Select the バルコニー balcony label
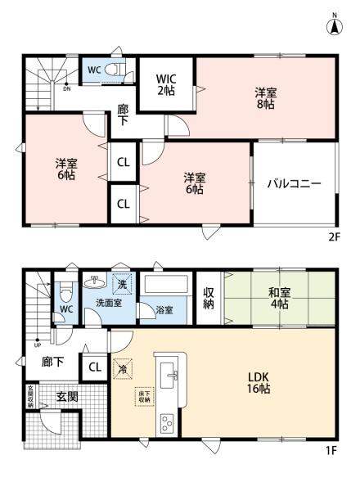[x=294, y=183]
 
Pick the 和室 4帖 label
[x=279, y=299]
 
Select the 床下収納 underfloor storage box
[x=146, y=396]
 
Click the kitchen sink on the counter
[x=172, y=376]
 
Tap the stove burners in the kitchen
[x=167, y=423]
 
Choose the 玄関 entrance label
[x=66, y=397]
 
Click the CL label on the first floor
[x=95, y=367]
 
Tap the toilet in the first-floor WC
[x=65, y=293]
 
